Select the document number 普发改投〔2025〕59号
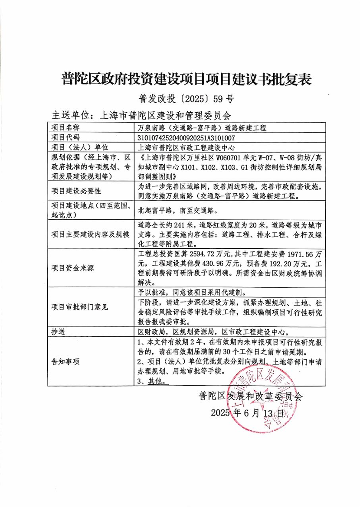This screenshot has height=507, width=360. [180, 99]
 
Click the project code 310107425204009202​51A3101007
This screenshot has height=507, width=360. [186, 138]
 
